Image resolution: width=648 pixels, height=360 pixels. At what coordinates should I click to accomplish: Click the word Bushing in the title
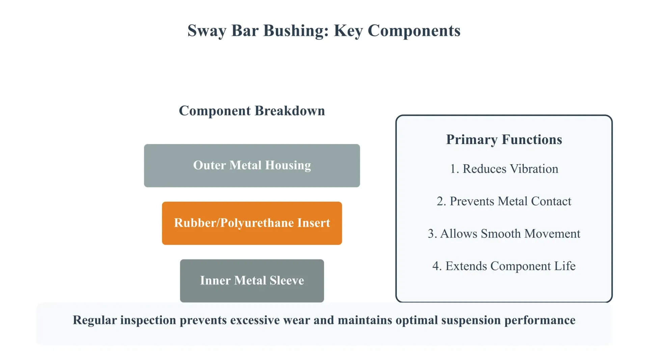coord(296,31)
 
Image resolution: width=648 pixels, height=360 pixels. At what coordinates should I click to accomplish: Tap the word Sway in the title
coord(207,31)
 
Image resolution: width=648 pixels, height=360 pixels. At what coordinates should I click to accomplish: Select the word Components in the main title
coord(414,31)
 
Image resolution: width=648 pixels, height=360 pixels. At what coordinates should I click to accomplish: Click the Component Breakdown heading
coord(252,111)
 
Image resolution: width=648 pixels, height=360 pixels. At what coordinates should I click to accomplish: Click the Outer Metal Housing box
coord(252,166)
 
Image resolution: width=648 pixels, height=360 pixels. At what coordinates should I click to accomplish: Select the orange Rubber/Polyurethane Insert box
coord(252,223)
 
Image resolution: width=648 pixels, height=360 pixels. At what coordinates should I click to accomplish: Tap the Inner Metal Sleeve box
coord(252,281)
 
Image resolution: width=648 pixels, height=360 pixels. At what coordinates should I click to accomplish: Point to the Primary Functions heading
coord(504,140)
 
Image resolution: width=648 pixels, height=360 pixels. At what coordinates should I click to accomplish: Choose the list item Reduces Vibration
coord(504,169)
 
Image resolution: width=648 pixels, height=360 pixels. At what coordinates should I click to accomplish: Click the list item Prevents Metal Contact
coord(504,201)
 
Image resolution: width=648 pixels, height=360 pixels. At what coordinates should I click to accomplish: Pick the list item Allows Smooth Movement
coord(504,233)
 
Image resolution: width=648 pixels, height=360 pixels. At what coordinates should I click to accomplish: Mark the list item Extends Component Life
coord(504,266)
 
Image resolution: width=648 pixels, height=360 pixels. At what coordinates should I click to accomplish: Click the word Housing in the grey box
coord(288,165)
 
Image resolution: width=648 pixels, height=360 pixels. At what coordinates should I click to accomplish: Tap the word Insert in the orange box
coord(314,223)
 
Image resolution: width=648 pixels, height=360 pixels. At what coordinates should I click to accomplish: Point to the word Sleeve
coord(287,280)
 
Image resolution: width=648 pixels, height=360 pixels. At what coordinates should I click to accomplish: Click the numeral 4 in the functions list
coord(435,266)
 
